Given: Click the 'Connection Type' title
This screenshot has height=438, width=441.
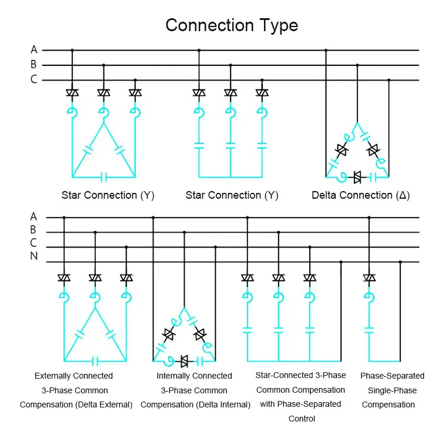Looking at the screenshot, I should [231, 25].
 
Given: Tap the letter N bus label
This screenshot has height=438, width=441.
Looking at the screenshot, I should [34, 256].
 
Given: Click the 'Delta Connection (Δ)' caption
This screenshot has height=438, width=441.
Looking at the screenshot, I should [360, 195].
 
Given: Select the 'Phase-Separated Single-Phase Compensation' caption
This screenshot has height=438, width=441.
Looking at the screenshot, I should [392, 390].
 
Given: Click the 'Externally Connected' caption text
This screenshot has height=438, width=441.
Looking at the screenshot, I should [73, 376].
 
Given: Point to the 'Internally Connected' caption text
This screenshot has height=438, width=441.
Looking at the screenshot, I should [194, 376].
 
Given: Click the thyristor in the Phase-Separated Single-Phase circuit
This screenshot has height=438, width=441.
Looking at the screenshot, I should [369, 277].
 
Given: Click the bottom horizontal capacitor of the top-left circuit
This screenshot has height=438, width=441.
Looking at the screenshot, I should [104, 176].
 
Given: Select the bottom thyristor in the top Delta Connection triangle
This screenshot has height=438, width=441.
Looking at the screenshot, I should [357, 176].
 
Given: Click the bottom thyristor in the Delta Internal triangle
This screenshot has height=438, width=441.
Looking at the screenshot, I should [184, 360].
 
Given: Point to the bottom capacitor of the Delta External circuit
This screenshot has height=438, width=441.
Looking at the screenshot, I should [95, 360].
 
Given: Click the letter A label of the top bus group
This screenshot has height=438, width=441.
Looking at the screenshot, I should [34, 50].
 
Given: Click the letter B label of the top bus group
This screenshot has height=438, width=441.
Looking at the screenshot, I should [34, 65].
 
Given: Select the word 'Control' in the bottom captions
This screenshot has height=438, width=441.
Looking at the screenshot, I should [301, 419].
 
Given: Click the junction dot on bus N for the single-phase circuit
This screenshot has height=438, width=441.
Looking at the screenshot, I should [400, 262].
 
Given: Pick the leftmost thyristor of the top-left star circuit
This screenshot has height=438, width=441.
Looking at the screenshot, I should [72, 93].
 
